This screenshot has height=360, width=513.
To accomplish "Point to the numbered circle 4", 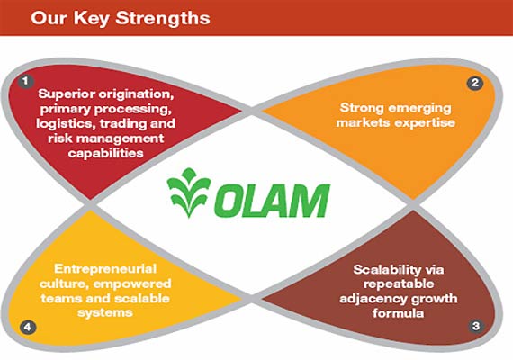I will [x=29, y=325].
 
